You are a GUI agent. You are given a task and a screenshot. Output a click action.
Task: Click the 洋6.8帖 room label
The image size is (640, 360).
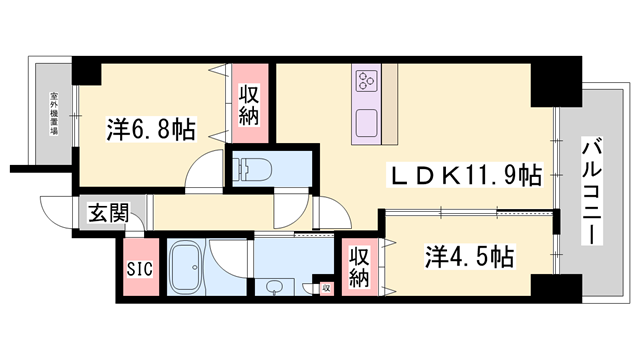pos(151,130)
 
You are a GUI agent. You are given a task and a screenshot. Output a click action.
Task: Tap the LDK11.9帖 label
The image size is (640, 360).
pos(466,176)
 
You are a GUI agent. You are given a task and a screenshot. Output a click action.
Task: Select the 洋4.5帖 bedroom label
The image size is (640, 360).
pos(467,256)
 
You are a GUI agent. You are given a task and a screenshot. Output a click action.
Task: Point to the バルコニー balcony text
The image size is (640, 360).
pos(589,194)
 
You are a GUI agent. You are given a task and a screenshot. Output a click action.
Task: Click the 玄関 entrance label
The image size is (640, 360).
pos(108,212)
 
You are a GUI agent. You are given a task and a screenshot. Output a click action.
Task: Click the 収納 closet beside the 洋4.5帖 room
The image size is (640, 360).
pos(360,266)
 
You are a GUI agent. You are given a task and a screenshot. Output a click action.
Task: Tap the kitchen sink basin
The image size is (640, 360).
pos(365,123)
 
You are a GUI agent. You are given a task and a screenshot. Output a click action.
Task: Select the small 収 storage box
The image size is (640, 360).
pos(326,288)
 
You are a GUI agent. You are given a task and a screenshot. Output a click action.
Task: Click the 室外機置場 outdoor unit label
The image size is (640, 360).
pos(50,115)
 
